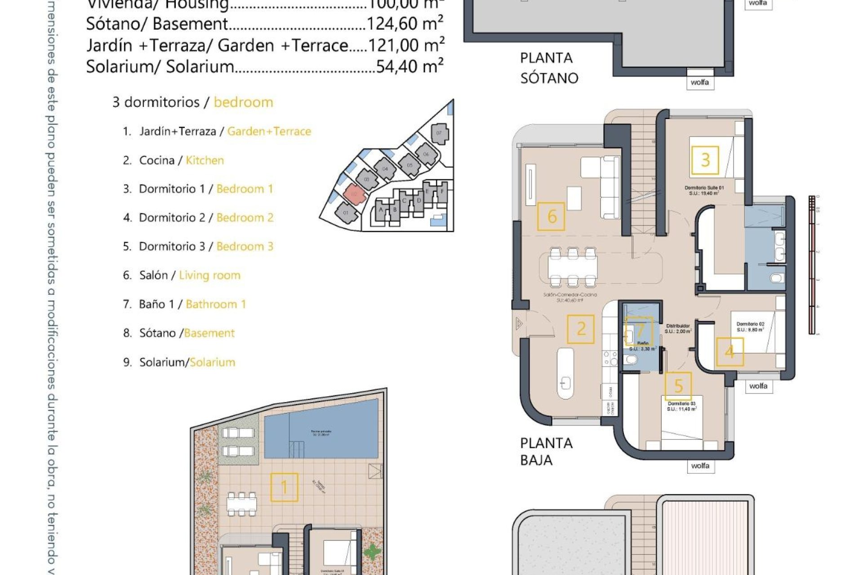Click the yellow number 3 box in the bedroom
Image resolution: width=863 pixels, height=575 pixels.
(x=705, y=160)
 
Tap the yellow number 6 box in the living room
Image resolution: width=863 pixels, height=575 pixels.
(x=551, y=217)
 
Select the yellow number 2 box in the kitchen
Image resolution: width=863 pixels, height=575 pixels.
(x=580, y=329)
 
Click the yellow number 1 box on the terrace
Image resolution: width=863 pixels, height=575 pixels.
(x=284, y=487)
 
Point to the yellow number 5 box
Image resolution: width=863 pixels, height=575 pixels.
(x=678, y=385)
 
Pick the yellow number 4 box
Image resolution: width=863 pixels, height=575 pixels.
(x=729, y=352)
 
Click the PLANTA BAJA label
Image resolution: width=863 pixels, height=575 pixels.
(x=546, y=451)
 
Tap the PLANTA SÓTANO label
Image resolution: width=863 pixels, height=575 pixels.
(x=548, y=68)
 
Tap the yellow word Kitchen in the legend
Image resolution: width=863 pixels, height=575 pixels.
(x=205, y=160)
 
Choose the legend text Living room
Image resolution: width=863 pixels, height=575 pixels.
(x=209, y=275)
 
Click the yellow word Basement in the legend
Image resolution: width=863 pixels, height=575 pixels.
(x=209, y=333)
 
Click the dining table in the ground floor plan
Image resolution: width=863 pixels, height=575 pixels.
(x=573, y=267)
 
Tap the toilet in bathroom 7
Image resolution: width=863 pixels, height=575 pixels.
(x=631, y=359)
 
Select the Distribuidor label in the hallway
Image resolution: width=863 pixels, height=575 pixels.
(x=678, y=326)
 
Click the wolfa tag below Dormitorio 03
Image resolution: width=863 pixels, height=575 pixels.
(x=700, y=466)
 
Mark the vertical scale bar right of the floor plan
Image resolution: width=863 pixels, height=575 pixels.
(x=812, y=265)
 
